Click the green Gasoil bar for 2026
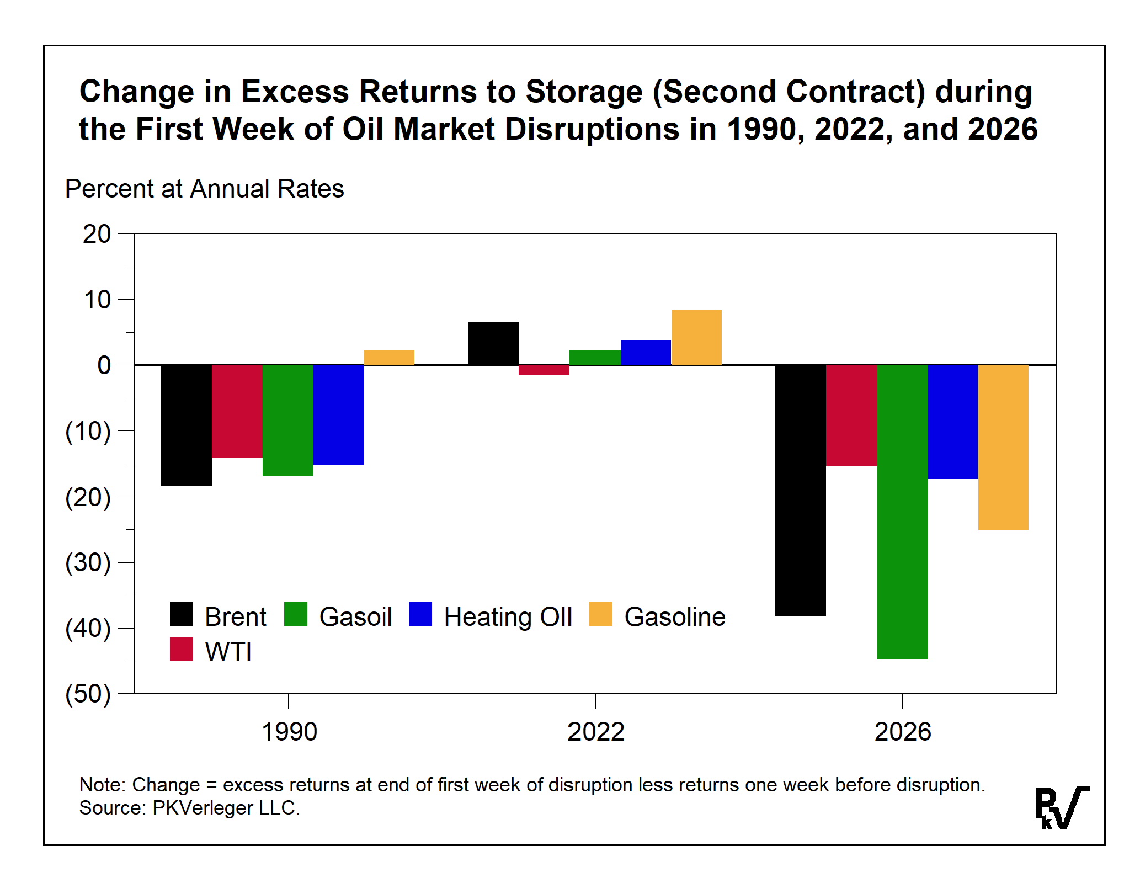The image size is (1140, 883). point(902,512)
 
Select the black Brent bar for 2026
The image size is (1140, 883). point(800,490)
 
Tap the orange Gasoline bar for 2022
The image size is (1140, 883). point(696,337)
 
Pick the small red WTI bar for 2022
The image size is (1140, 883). point(544,370)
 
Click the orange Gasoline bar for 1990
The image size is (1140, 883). point(389,358)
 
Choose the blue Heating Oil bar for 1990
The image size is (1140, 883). point(338,414)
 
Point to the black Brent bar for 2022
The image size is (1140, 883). point(493,343)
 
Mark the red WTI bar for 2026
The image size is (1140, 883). point(851,416)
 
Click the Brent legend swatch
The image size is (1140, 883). point(182,614)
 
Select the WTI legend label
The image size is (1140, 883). point(228,652)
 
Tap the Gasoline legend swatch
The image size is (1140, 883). point(600,614)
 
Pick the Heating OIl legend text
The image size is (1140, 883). point(508,617)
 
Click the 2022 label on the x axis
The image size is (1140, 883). point(595,732)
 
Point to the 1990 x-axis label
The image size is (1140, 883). point(289,732)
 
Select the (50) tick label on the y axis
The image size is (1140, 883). point(88,694)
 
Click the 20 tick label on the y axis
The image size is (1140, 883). point(97,235)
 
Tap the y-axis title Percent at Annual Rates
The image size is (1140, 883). point(204,189)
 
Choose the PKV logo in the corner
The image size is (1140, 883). point(1061,807)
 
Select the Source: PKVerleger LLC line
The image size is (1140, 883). point(189,808)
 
